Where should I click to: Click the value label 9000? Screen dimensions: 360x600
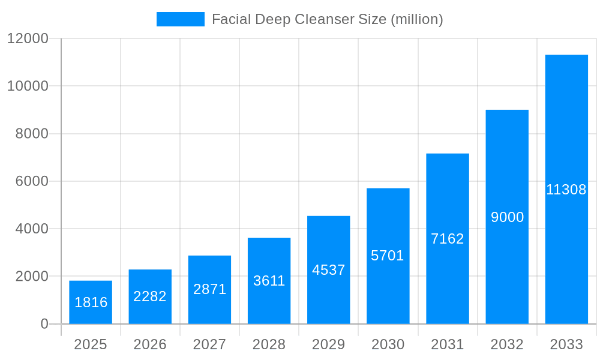click(507, 217)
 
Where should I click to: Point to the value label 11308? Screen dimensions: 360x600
click(566, 190)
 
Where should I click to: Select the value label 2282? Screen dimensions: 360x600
click(150, 296)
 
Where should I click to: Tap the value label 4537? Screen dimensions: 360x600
click(328, 270)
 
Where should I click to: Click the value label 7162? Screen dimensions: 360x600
click(448, 239)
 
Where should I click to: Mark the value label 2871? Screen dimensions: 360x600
click(209, 289)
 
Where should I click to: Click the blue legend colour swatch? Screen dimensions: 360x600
click(180, 19)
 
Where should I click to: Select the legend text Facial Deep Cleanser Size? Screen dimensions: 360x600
click(327, 19)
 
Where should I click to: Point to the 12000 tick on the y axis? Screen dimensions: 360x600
click(27, 38)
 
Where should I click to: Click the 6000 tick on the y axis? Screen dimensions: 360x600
click(31, 181)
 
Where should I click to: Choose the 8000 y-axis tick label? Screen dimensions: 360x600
click(31, 134)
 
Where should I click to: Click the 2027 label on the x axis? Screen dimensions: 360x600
click(209, 344)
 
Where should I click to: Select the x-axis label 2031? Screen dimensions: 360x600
click(448, 344)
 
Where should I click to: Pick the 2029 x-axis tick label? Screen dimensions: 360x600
click(328, 344)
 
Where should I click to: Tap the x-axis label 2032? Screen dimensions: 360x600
click(507, 344)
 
